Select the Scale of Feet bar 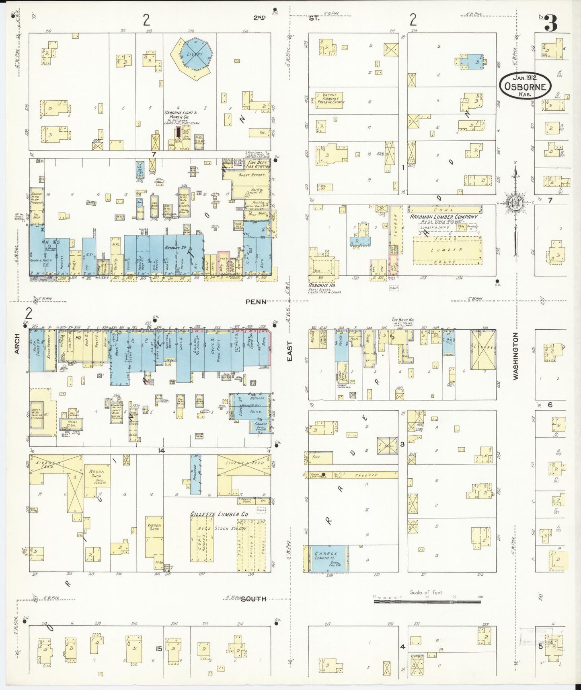(427, 601)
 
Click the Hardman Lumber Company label (443, 217)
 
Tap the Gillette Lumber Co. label (219, 514)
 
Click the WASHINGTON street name (515, 356)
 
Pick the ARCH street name (17, 346)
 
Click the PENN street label (256, 302)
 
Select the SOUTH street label (253, 599)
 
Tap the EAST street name (290, 351)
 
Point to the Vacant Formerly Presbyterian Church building (331, 99)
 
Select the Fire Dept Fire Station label (258, 164)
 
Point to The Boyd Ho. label (402, 320)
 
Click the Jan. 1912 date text (526, 76)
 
